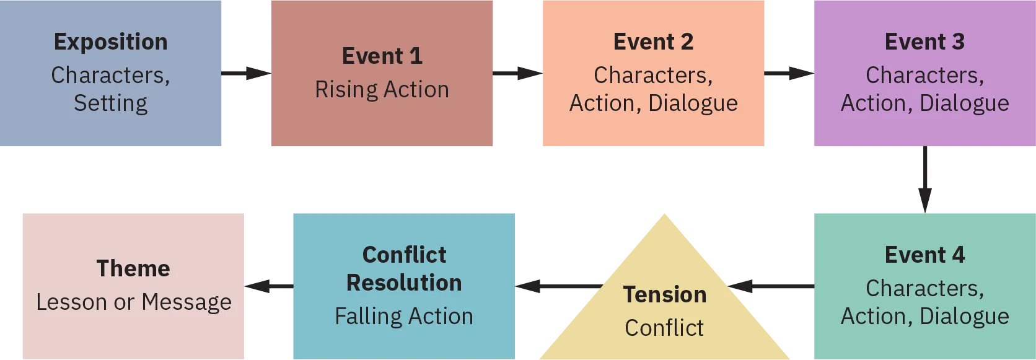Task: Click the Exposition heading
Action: [x=110, y=42]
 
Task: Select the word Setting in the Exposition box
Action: [x=110, y=103]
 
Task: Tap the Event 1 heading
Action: [x=382, y=56]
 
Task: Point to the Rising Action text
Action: [x=382, y=89]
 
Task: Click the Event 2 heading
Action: [x=653, y=42]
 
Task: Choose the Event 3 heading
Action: [x=924, y=42]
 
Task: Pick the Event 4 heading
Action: [x=924, y=255]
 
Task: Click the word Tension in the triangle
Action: [x=664, y=294]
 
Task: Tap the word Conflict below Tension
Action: [x=664, y=328]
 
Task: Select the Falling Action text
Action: [x=403, y=316]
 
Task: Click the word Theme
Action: [x=133, y=268]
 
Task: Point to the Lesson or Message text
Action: [x=133, y=302]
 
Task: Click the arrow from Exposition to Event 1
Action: [x=245, y=74]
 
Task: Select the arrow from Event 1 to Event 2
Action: [x=518, y=74]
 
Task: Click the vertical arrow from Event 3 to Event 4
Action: [x=925, y=180]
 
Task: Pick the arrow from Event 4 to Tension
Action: [x=771, y=287]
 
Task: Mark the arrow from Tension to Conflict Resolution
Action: [x=558, y=287]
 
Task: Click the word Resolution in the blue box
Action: [x=403, y=283]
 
